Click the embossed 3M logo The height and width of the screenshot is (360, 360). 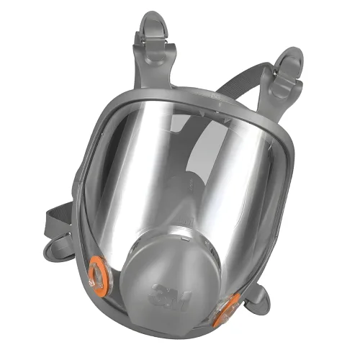click(169, 297)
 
